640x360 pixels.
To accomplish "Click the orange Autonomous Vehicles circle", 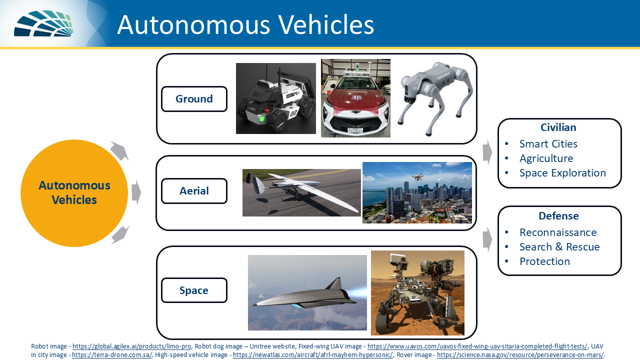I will click(74, 193).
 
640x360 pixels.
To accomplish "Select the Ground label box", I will click(194, 99).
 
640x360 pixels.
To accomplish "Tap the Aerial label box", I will click(194, 190).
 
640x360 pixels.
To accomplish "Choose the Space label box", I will click(194, 290).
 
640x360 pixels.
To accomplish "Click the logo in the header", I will click(43, 23).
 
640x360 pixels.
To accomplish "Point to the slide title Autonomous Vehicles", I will click(245, 24).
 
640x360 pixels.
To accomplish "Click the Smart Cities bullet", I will click(548, 144).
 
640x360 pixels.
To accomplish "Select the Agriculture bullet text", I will click(546, 158).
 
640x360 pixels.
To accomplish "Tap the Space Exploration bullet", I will click(562, 173).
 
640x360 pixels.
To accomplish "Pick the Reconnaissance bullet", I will click(557, 232).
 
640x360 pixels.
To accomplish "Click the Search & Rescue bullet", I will click(559, 247).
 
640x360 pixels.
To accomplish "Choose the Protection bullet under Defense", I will click(544, 261).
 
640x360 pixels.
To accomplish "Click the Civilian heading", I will click(559, 127).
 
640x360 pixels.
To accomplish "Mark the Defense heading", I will click(558, 216).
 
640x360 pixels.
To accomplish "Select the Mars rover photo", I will click(417, 293).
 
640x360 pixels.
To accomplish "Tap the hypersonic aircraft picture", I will click(307, 293).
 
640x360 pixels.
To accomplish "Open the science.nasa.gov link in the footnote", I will click(520, 355).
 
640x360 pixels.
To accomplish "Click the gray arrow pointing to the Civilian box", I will click(487, 152).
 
